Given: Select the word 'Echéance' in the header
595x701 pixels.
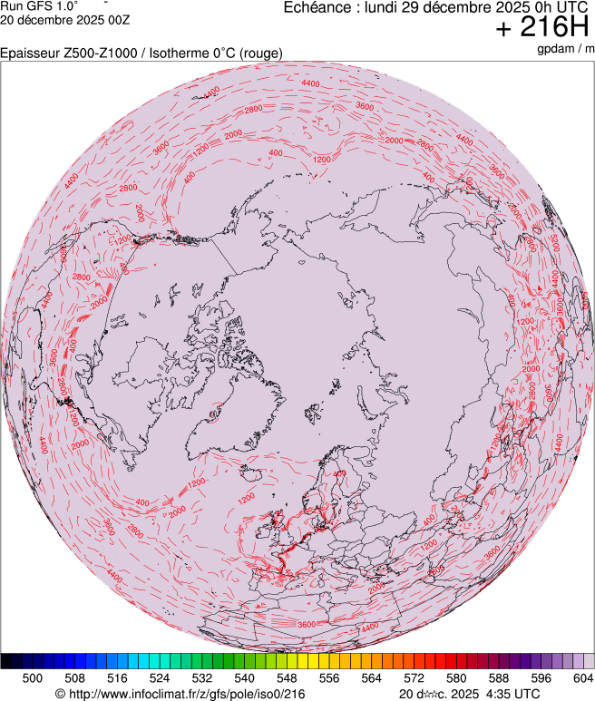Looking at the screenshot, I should click(x=317, y=7).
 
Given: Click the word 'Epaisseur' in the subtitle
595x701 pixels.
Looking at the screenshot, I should click(x=29, y=54).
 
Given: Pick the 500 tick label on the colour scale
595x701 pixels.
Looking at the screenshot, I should click(x=33, y=677).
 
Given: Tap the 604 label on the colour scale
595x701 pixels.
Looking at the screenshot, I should click(x=581, y=677).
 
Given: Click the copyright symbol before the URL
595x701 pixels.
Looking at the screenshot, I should click(x=60, y=694).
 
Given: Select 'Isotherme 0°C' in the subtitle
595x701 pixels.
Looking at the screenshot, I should click(x=178, y=54).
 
